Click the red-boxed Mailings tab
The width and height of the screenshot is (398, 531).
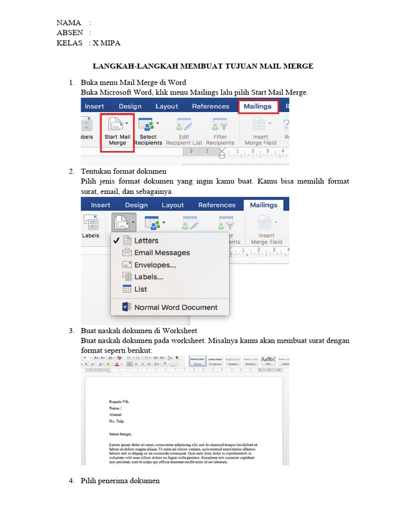(258, 106)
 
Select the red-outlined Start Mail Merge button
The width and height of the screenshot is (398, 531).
(117, 133)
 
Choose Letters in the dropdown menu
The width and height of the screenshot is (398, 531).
(146, 241)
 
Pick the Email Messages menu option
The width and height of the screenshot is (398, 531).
(162, 253)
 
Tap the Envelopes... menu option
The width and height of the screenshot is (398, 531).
(155, 265)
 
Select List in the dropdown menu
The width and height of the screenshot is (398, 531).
(140, 289)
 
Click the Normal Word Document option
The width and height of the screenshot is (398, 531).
(176, 307)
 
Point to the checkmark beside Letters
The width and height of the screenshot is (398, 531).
(117, 241)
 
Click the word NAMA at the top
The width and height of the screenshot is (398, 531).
(69, 23)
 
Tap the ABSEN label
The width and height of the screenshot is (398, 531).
(70, 33)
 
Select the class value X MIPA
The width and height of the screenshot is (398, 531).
(107, 43)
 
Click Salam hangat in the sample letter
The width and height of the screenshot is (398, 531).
(120, 434)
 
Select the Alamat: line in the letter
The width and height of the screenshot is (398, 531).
(115, 415)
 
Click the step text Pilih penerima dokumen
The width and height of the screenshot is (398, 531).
(120, 481)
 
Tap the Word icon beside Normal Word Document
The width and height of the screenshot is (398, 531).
(126, 307)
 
